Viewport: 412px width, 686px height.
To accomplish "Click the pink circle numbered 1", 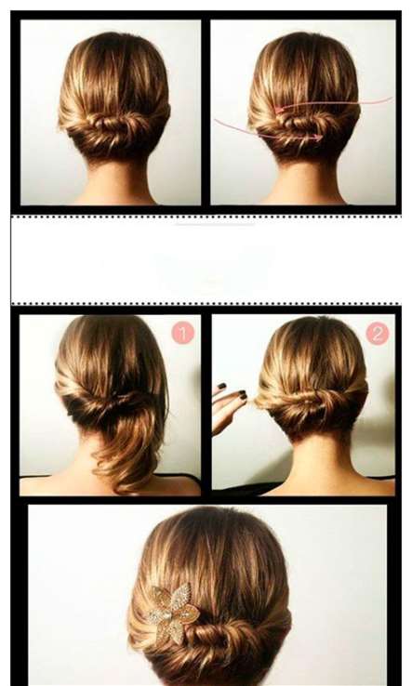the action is click(182, 334).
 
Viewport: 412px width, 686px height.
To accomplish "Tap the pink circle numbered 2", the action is click(378, 335).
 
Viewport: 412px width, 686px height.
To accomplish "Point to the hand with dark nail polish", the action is click(229, 406).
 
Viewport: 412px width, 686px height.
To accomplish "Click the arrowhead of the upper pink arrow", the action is click(278, 110).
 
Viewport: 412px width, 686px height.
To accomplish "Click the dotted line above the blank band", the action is click(206, 217).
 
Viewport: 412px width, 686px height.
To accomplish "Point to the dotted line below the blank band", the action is click(206, 303).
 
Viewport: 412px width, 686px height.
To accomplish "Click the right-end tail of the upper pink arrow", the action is click(391, 99).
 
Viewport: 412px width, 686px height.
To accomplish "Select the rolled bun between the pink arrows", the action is click(302, 125).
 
